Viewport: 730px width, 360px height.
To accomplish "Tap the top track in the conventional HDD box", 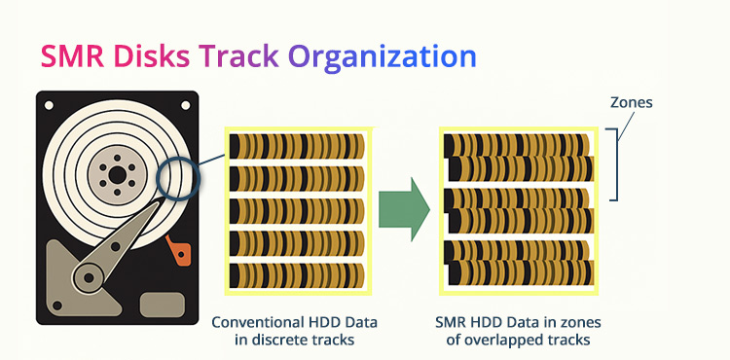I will (x=296, y=146).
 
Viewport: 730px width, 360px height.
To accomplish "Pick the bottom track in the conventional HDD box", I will (x=296, y=274).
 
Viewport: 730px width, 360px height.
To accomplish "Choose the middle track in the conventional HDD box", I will (x=296, y=210).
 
